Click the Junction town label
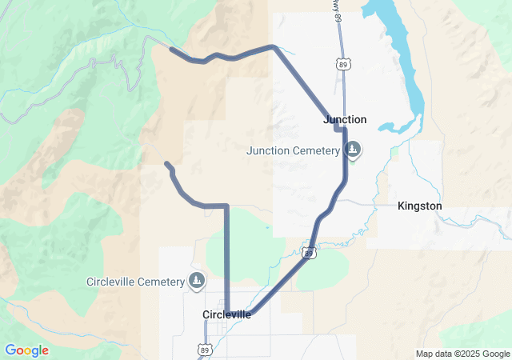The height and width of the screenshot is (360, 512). [345, 119]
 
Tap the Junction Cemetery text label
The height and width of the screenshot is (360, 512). [294, 150]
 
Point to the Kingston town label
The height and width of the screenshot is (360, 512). [419, 206]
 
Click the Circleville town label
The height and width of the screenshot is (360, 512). [226, 314]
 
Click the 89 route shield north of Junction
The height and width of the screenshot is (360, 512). [343, 64]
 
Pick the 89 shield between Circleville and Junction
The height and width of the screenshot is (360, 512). [309, 254]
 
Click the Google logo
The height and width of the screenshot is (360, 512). [26, 350]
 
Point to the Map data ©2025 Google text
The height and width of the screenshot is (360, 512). [462, 354]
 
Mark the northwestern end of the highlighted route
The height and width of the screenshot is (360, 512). [172, 49]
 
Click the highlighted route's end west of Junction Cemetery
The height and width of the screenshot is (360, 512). [166, 164]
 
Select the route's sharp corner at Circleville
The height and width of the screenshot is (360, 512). [227, 313]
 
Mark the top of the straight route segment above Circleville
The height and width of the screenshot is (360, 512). [226, 206]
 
